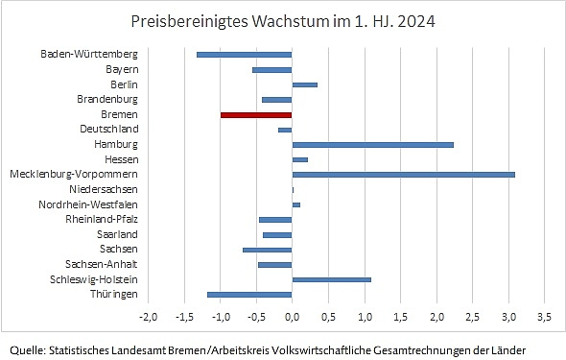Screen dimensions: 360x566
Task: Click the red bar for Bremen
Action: click(256, 114)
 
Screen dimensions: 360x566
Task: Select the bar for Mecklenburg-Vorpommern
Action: click(403, 174)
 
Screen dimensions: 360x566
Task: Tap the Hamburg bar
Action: click(372, 144)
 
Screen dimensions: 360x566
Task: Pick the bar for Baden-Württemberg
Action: click(244, 54)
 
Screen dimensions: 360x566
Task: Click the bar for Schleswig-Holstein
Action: click(331, 279)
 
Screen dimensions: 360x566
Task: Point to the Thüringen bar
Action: click(249, 295)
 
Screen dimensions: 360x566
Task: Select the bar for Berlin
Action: click(304, 84)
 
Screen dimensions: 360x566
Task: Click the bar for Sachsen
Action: click(268, 250)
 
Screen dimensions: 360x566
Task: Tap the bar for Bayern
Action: click(272, 69)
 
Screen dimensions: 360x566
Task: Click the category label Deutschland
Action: click(109, 129)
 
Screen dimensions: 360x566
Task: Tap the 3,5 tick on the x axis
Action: click(544, 316)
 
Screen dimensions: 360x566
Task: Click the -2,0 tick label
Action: click(148, 316)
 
